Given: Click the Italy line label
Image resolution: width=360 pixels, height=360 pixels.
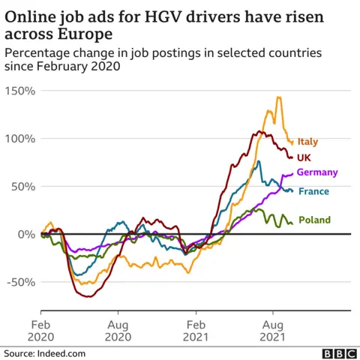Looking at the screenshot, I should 307,141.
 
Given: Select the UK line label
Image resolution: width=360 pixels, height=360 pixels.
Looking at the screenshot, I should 304,157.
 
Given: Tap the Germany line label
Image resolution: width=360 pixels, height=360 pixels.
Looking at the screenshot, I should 317,172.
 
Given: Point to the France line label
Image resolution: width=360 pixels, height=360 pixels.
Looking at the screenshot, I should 313,191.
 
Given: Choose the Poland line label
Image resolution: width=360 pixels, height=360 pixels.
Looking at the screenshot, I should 314,220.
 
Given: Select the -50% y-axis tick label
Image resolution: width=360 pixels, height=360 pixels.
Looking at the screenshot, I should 21,282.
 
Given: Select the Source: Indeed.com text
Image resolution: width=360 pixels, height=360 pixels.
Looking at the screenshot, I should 45,352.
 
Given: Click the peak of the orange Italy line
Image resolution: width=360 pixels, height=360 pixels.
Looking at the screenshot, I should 278,97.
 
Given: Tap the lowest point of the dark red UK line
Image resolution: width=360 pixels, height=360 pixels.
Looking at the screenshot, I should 87,297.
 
